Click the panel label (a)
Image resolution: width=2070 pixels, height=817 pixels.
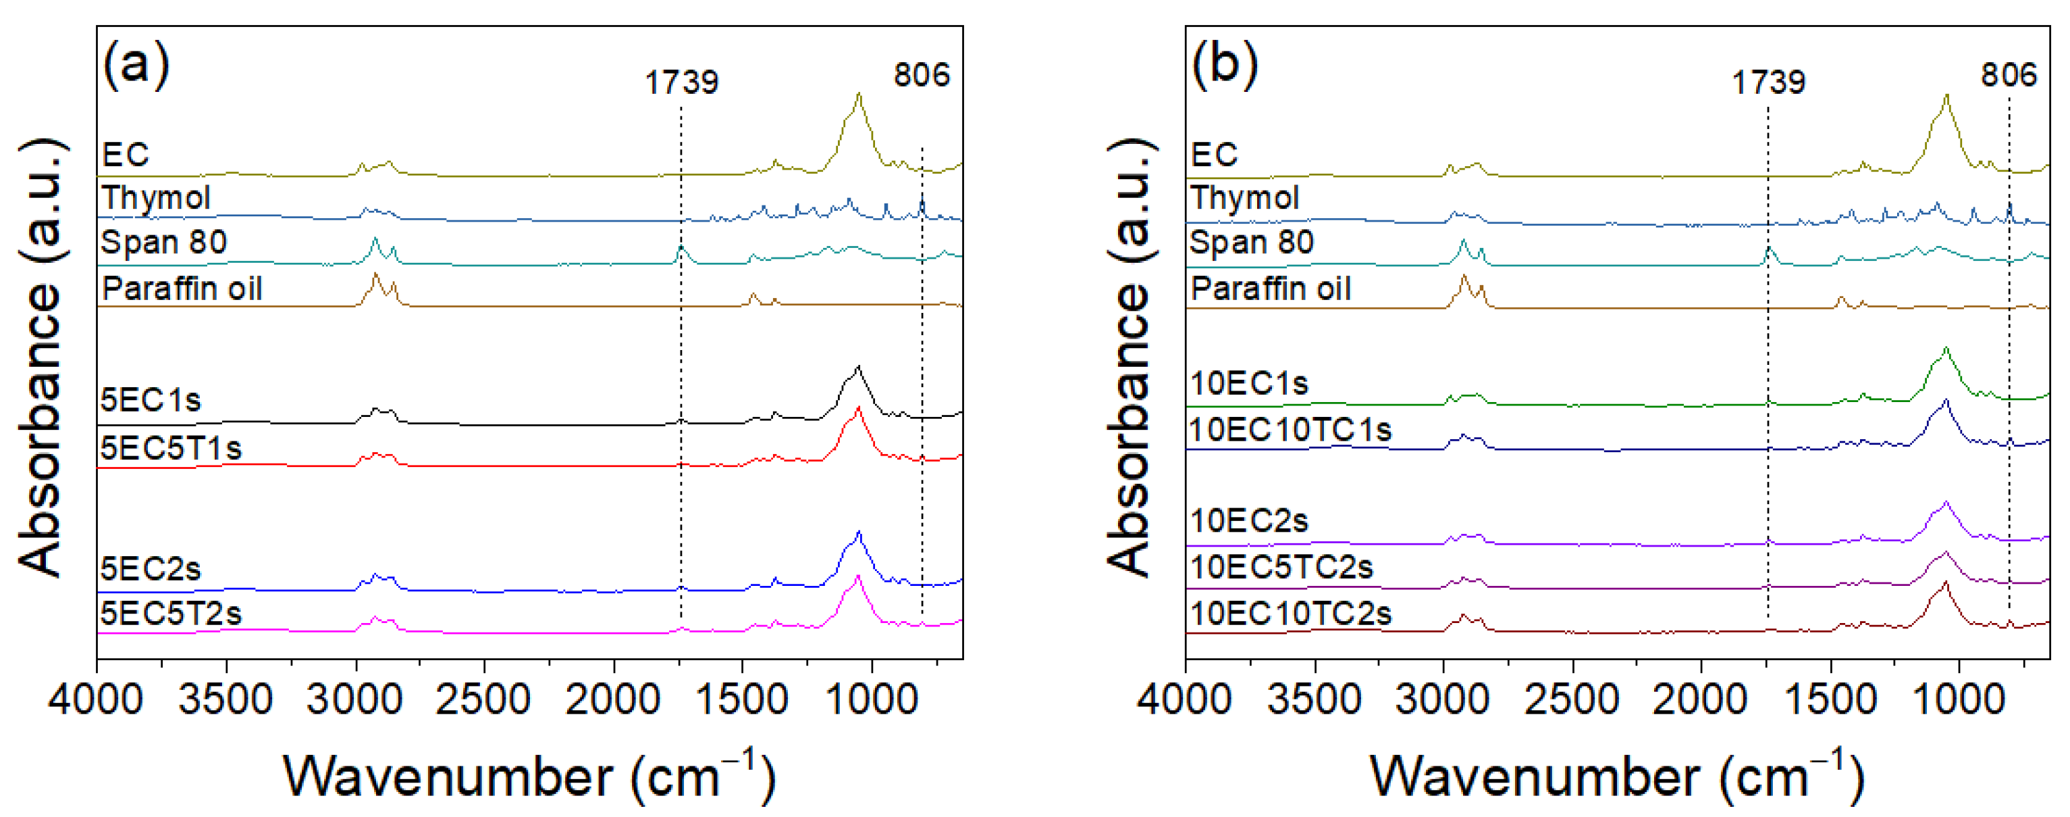pos(136,64)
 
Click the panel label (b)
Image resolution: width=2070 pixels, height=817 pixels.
pos(1224,64)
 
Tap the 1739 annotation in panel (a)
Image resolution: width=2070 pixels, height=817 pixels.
pos(681,82)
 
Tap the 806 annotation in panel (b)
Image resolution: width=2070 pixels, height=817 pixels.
pos(2008,75)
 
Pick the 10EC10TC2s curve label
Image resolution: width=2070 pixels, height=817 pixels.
pos(1290,614)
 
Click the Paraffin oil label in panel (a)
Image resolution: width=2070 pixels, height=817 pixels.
pos(182,289)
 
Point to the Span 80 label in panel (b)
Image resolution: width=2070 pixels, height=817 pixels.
pos(1251,242)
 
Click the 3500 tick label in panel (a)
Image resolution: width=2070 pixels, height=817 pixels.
pos(225,699)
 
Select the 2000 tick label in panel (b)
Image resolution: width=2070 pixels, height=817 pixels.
pos(1700,699)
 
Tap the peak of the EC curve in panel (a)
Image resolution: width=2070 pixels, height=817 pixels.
pos(859,94)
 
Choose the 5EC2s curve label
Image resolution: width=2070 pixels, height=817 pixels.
pos(151,569)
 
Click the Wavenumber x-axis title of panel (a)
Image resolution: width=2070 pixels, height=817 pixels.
pos(529,776)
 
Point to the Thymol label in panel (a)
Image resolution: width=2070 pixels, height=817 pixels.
pos(156,198)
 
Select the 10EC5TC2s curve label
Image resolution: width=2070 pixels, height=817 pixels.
pos(1281,568)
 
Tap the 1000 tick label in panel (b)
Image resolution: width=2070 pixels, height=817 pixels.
pos(1959,699)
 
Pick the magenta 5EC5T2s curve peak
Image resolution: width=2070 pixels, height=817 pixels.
pos(858,576)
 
